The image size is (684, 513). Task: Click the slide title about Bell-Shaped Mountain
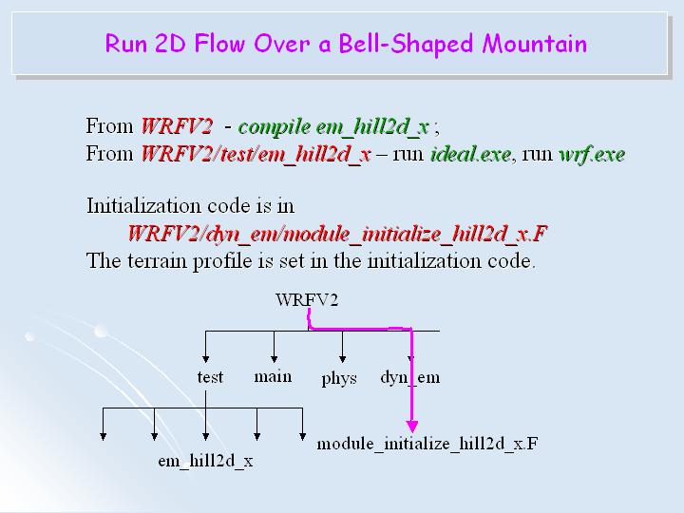(346, 44)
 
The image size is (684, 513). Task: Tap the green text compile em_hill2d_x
(333, 126)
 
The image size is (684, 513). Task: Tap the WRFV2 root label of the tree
(307, 301)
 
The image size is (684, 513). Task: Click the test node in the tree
(210, 377)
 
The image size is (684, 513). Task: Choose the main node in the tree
(273, 376)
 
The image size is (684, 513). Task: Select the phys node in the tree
(339, 378)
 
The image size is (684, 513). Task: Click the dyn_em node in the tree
(410, 377)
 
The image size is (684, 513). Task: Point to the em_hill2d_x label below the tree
(205, 462)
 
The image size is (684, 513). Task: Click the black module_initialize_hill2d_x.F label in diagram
(427, 443)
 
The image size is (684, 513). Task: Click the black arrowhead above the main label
(274, 355)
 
